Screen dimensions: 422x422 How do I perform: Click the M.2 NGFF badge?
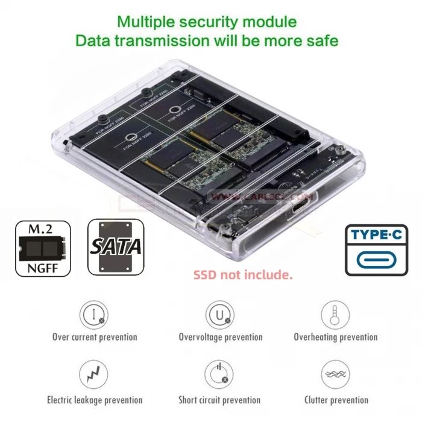click(x=43, y=248)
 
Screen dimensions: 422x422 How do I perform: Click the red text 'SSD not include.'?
click(x=243, y=275)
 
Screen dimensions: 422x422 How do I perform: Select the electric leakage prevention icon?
click(x=94, y=375)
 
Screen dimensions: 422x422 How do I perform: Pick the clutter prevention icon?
click(x=335, y=375)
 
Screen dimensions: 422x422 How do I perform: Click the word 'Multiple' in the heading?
click(x=144, y=22)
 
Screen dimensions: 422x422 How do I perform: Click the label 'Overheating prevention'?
click(x=336, y=337)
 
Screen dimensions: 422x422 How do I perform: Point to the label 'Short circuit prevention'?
click(x=219, y=400)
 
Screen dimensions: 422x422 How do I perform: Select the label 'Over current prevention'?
click(x=95, y=337)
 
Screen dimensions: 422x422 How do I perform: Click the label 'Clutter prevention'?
click(x=336, y=400)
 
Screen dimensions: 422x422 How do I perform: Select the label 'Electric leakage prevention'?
click(x=95, y=400)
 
